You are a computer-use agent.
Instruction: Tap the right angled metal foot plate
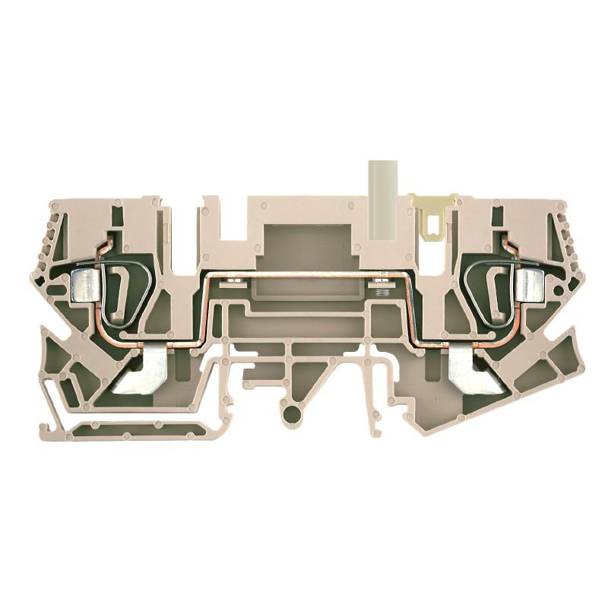464,372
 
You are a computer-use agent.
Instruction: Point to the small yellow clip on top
432,216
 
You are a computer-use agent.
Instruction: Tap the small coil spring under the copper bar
382,290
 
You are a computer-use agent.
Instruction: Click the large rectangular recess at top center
304,243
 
